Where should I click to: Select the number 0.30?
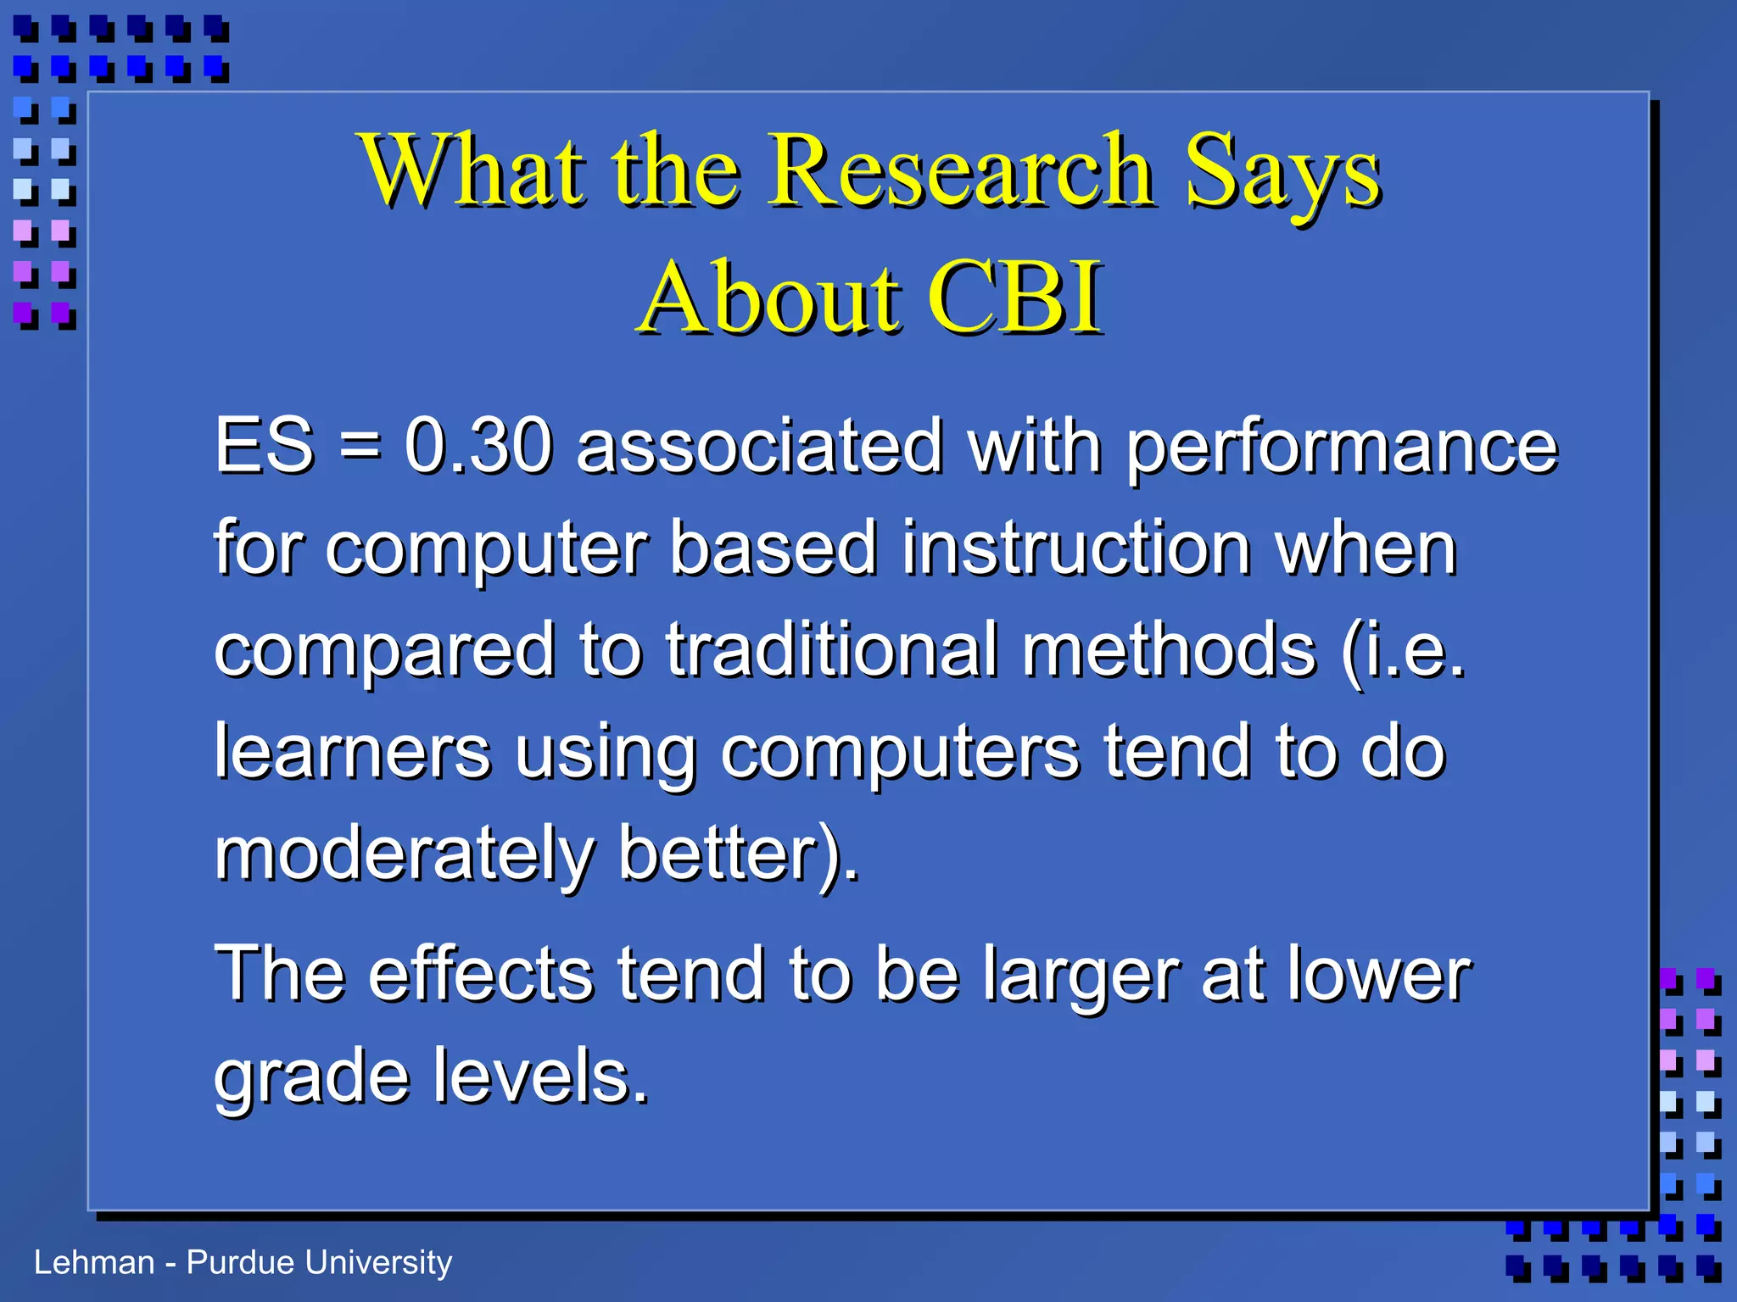[478, 446]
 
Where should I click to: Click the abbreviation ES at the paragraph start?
[264, 446]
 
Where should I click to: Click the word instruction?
[1075, 548]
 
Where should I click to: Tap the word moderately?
[404, 854]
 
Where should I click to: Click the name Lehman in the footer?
[94, 1263]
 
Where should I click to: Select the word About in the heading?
[768, 298]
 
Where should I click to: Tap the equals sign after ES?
[360, 448]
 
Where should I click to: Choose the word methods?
[1169, 650]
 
